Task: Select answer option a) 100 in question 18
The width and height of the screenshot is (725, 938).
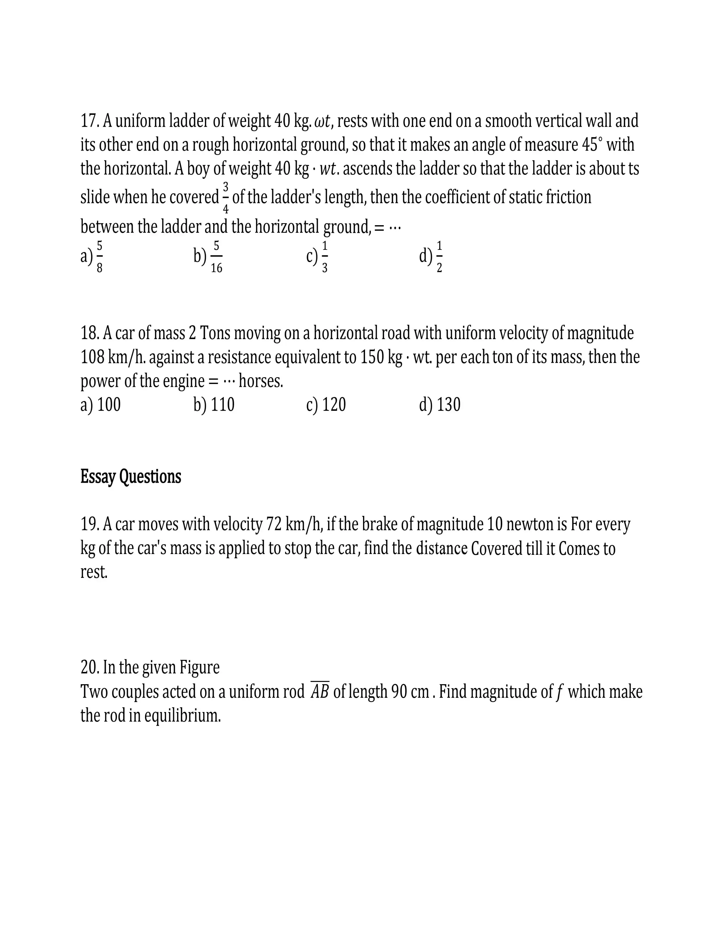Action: coord(100,404)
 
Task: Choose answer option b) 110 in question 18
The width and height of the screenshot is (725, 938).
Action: coord(214,404)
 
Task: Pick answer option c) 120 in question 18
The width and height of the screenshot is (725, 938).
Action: coord(326,404)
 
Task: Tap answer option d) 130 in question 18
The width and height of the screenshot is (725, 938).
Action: coord(440,404)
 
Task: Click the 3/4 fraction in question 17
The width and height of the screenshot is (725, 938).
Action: coord(226,198)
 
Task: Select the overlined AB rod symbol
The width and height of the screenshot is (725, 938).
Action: coord(320,691)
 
